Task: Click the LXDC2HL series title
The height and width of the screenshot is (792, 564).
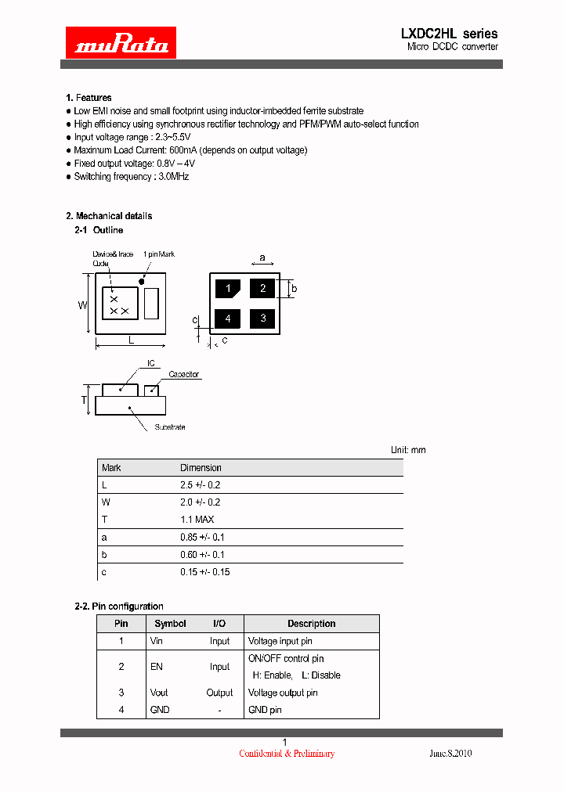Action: coord(449,34)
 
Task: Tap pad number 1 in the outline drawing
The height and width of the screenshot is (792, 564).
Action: coord(228,289)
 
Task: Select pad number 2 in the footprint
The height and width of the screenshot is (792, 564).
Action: coord(262,288)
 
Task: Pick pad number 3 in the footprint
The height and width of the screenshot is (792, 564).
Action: coord(262,318)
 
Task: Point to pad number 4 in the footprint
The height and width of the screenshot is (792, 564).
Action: coord(228,319)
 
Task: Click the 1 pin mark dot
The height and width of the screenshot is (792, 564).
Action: coord(142,280)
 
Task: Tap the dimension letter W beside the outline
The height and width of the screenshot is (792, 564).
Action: coord(81,305)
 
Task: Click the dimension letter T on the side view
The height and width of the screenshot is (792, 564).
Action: coord(84,400)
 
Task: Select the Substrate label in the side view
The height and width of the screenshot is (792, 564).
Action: coord(169,427)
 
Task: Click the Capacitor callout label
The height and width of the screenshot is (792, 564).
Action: coord(184,375)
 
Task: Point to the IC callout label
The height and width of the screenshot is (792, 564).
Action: coord(151,364)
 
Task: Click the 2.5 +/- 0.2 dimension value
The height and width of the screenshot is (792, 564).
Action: coord(201,485)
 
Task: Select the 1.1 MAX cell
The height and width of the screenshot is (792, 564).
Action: coord(197,520)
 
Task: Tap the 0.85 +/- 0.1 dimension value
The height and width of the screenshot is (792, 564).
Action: coord(202,537)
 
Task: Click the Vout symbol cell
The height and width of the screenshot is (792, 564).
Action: coord(159,693)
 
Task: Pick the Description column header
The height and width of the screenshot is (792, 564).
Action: coord(311,624)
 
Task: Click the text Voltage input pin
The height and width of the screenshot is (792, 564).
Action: coord(280,641)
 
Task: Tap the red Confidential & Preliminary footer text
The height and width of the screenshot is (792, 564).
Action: coord(287,754)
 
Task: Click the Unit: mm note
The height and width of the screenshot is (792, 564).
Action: coord(408,450)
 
